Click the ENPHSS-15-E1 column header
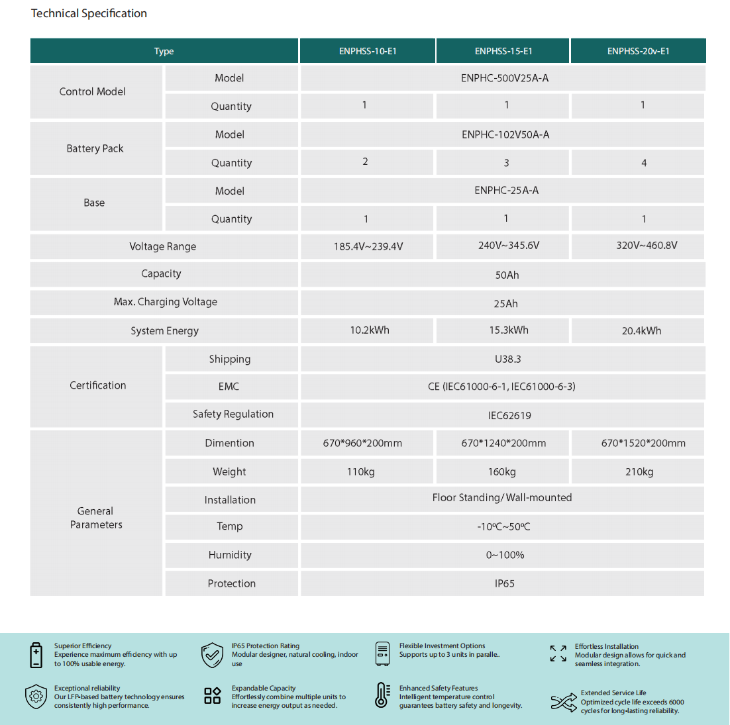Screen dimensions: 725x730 click(x=503, y=51)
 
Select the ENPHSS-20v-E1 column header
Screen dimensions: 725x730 click(x=638, y=51)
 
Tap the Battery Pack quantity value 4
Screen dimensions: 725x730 click(x=643, y=163)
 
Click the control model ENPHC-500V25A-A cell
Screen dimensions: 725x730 click(x=505, y=78)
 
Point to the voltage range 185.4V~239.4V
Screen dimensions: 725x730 click(x=368, y=247)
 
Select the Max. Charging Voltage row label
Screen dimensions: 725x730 click(x=165, y=302)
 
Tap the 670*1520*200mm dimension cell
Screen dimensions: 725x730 click(x=643, y=444)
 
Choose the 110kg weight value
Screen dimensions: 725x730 click(x=361, y=472)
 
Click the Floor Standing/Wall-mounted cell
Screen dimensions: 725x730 click(x=502, y=498)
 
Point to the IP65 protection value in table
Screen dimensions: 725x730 click(x=504, y=584)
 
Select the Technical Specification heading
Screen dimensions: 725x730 click(x=89, y=13)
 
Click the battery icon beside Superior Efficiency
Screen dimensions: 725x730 click(x=36, y=655)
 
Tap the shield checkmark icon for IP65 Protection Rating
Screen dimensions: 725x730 click(x=212, y=655)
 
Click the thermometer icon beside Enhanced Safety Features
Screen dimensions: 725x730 click(x=382, y=696)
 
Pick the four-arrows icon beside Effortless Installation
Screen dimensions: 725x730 click(x=558, y=653)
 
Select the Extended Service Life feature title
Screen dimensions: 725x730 click(x=613, y=693)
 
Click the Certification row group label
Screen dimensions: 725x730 click(x=97, y=385)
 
